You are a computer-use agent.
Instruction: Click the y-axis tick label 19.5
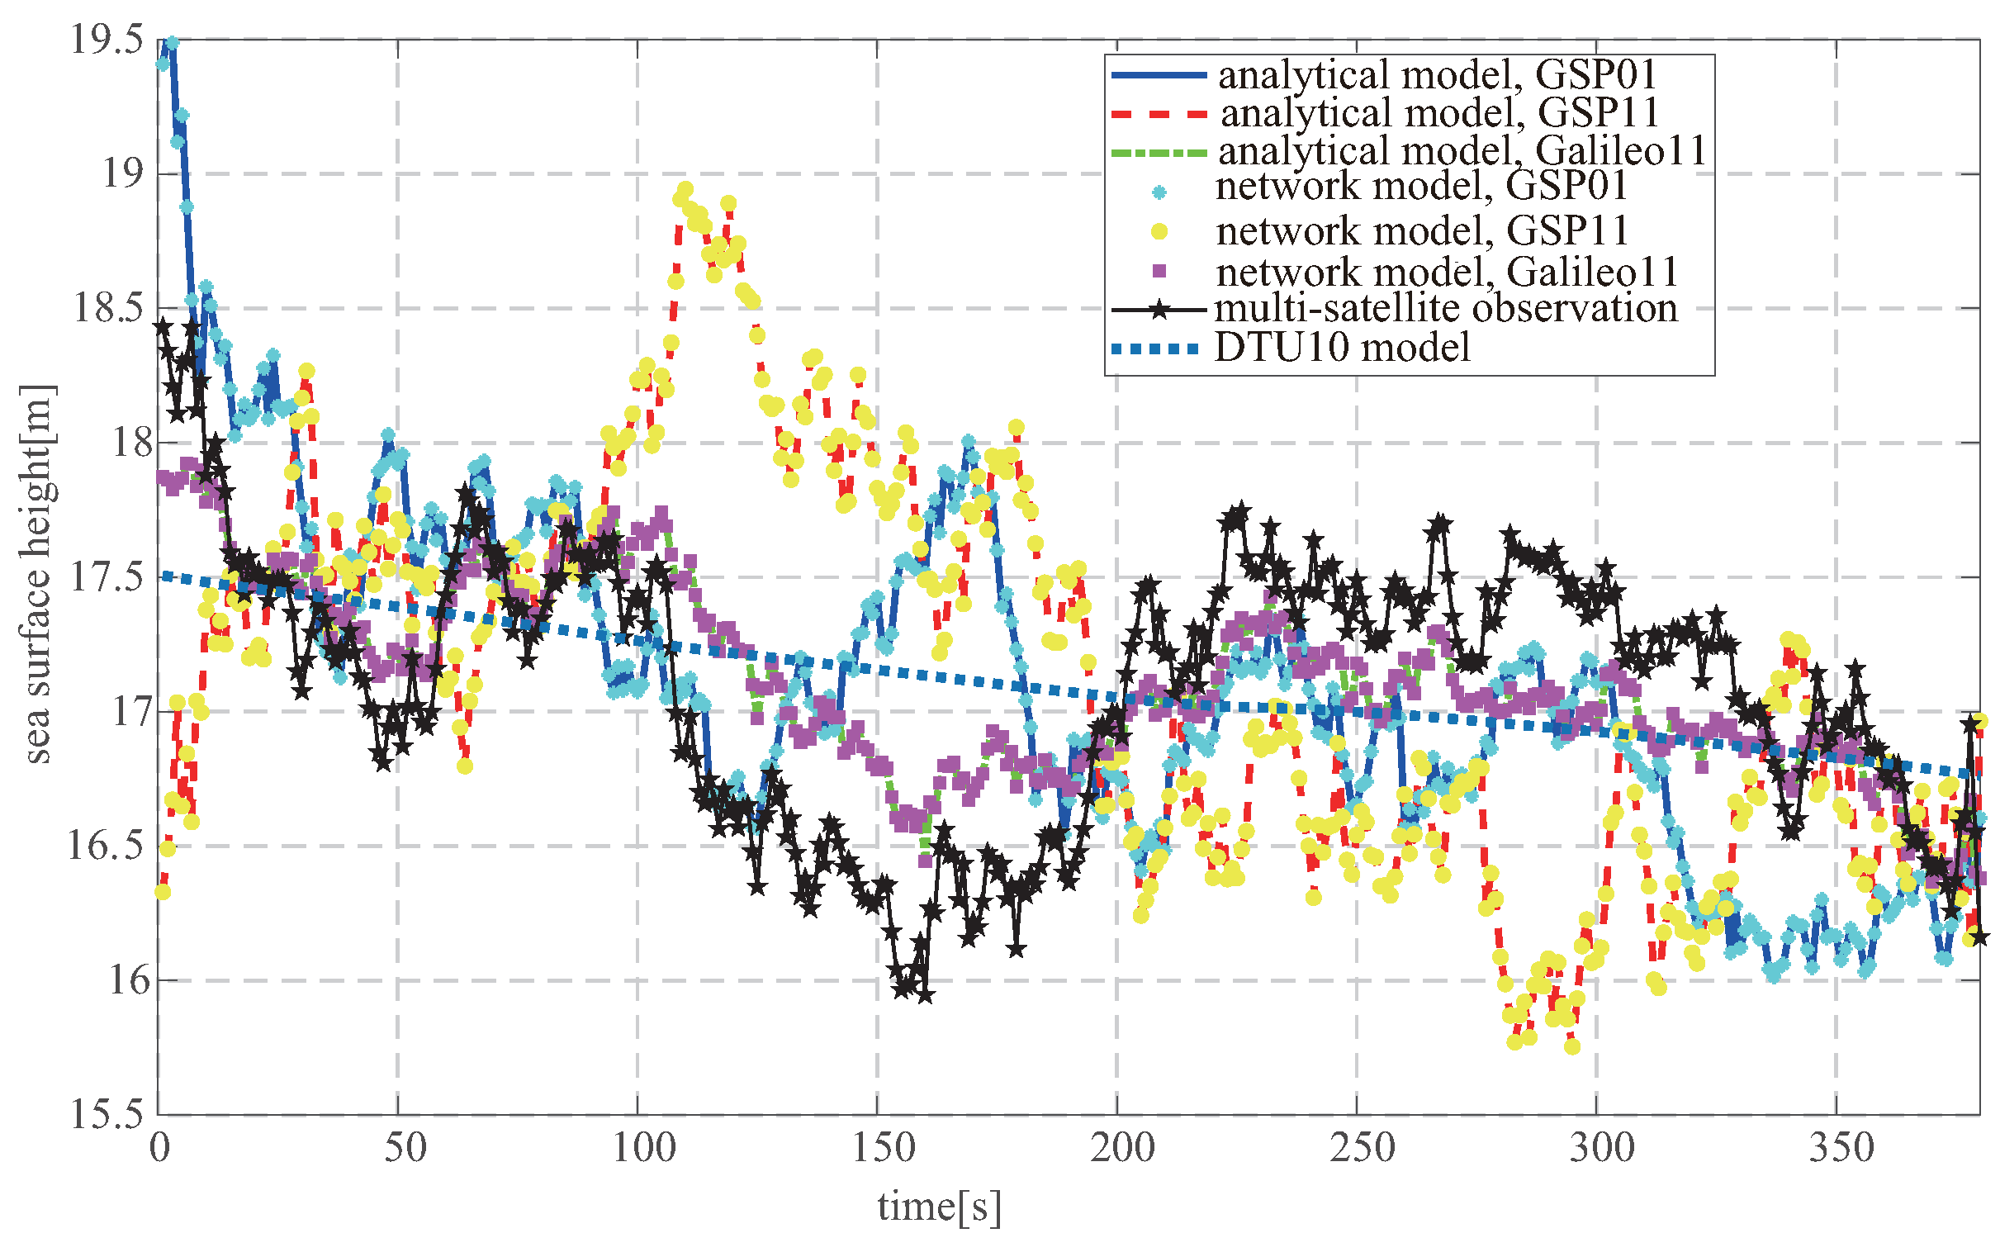point(107,40)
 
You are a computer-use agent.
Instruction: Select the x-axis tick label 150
point(878,1150)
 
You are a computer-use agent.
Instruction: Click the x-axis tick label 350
point(1836,1150)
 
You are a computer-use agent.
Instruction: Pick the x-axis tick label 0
point(159,1150)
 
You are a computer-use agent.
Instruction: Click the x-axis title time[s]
point(939,1207)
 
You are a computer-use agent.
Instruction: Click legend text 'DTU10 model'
point(1342,348)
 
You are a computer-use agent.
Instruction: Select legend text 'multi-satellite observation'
point(1444,309)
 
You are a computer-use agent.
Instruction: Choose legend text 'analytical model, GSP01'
point(1437,75)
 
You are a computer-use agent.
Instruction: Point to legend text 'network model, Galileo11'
point(1446,272)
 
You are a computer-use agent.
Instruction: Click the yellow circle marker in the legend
point(1159,232)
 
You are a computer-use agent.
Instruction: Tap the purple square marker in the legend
point(1159,272)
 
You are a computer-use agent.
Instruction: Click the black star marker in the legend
point(1159,310)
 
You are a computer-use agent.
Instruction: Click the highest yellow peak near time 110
point(685,190)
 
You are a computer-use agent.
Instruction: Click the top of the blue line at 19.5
point(172,42)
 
